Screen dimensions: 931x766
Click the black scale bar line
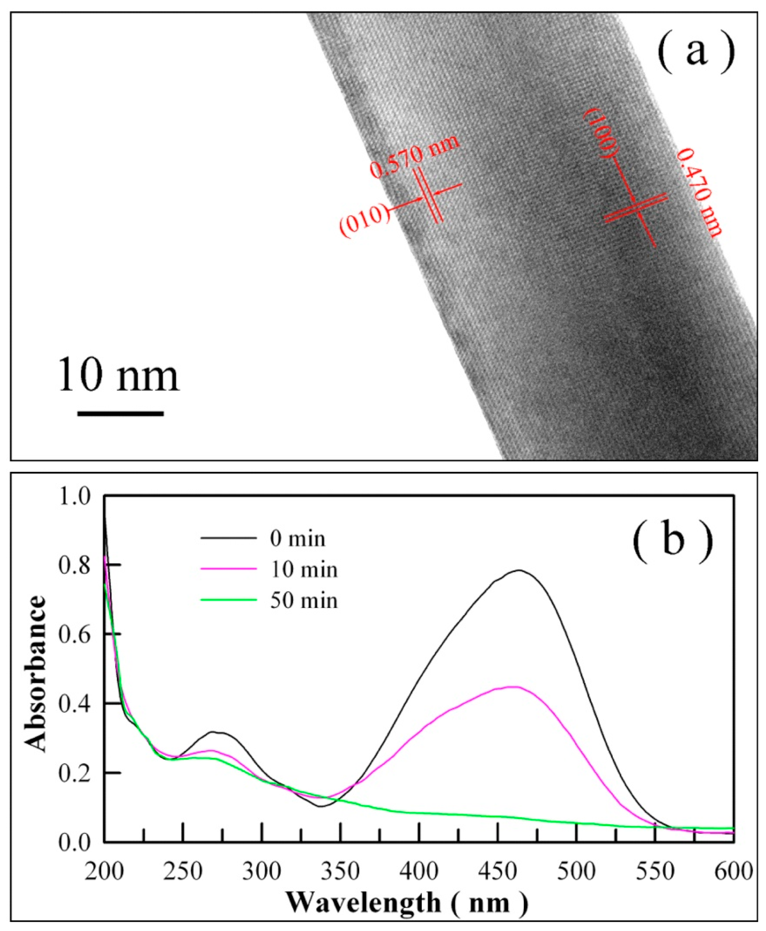coord(120,414)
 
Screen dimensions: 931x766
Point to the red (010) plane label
coord(365,223)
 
